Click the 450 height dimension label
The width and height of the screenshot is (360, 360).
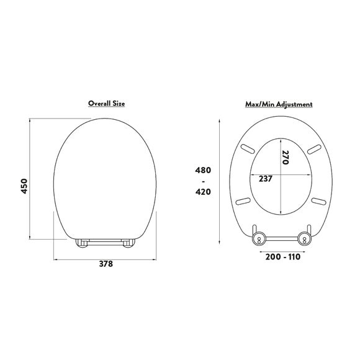pos(24,186)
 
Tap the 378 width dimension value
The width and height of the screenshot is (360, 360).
pos(106,264)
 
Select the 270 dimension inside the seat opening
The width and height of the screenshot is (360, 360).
pos(285,157)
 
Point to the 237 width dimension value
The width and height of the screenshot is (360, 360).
pos(266,179)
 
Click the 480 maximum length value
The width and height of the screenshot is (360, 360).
pos(203,170)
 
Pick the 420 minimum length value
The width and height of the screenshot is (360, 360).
pos(203,191)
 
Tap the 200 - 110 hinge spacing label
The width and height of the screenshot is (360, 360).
pos(283,257)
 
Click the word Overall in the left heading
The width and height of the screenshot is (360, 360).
pos(99,103)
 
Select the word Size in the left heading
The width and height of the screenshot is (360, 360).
pos(119,103)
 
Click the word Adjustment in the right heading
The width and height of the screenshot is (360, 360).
pos(294,104)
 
